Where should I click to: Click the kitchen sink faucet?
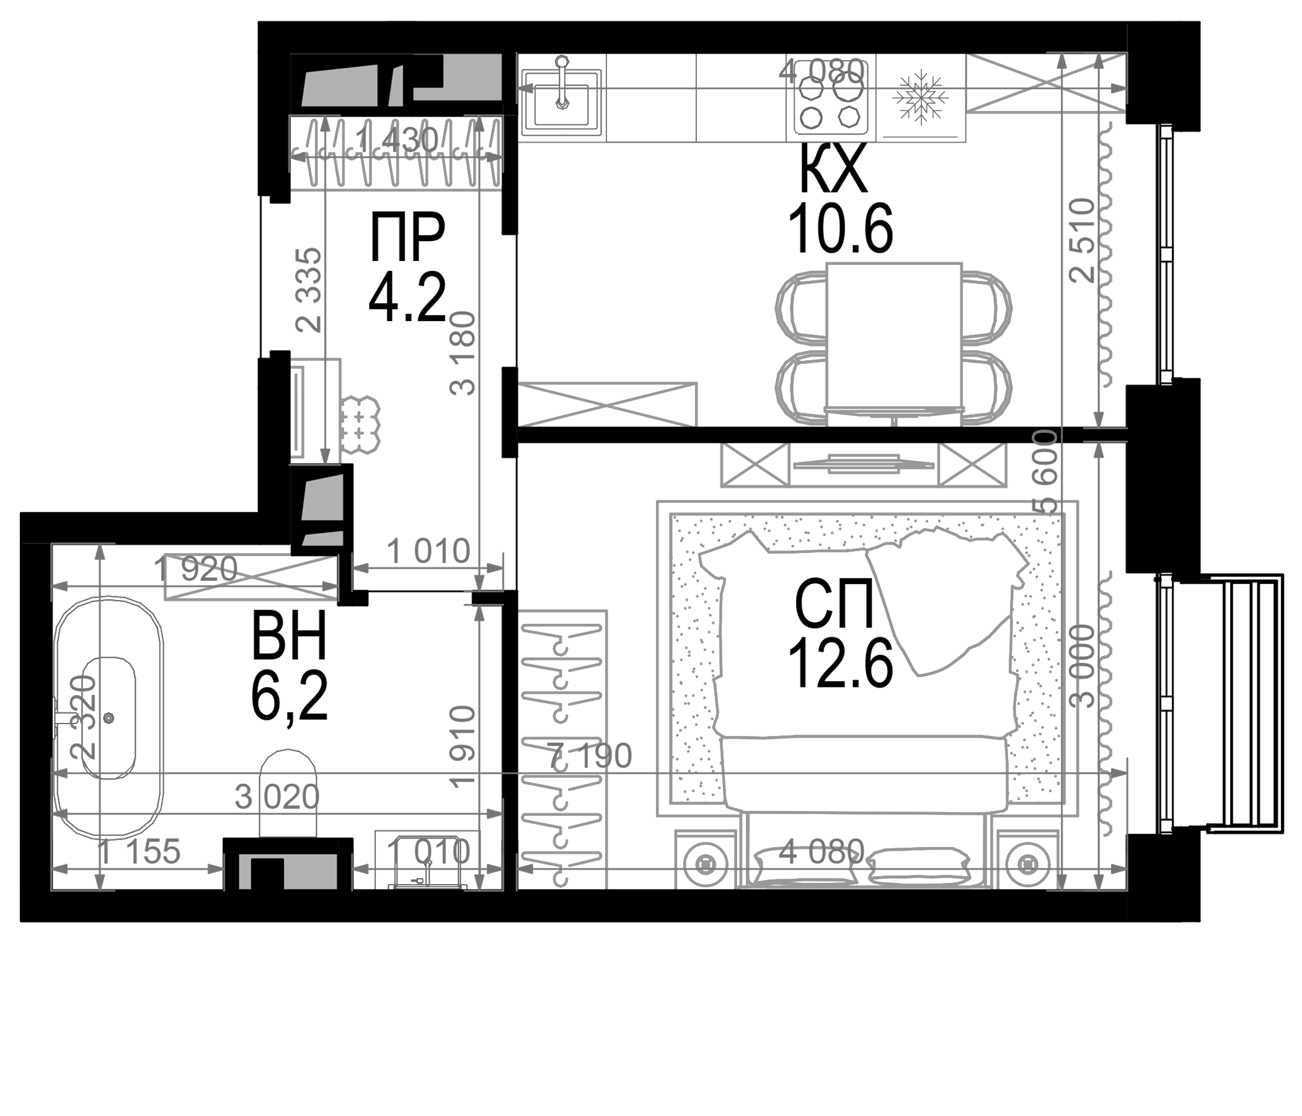(x=562, y=82)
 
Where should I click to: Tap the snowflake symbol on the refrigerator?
(x=921, y=97)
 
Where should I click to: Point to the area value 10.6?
(x=840, y=231)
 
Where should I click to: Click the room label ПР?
(x=407, y=237)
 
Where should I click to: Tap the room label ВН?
(x=289, y=636)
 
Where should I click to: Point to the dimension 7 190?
(x=590, y=756)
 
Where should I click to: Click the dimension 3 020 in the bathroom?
(x=277, y=797)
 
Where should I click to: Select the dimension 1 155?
(x=139, y=852)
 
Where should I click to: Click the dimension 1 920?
(x=195, y=570)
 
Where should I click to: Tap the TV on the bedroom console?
(x=864, y=464)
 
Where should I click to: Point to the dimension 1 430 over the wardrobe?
(x=396, y=140)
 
